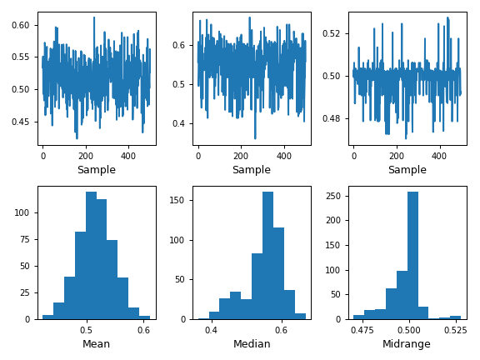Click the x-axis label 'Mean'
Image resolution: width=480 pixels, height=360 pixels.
pos(96,344)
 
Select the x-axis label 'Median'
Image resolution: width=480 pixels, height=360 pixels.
pos(251,344)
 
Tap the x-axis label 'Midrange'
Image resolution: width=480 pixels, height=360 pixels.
pos(407,344)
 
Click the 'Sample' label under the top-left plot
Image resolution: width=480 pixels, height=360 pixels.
pos(96,170)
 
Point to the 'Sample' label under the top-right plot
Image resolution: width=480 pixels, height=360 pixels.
pos(407,170)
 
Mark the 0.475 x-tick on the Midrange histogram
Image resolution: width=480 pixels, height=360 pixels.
pos(362,330)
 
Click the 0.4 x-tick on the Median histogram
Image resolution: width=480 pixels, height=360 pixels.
pos(211,330)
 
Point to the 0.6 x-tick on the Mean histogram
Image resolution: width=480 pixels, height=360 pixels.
pos(144,330)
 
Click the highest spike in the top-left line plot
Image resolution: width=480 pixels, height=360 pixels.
pos(94,17)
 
